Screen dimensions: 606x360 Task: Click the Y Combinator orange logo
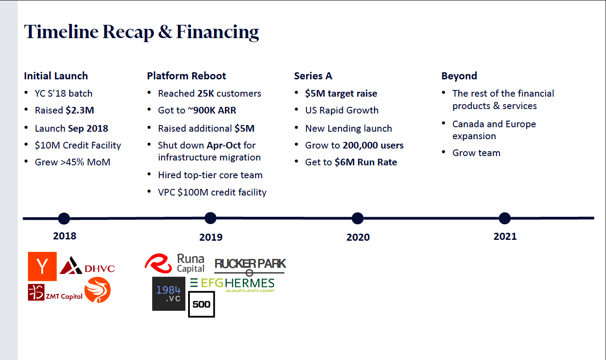(x=42, y=266)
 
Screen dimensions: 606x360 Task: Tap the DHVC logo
(x=87, y=266)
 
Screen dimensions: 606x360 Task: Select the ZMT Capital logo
(x=55, y=293)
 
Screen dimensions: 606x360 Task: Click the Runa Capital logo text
(x=191, y=263)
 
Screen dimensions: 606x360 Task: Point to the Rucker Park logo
(x=250, y=266)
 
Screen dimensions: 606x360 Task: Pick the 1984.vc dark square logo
(x=169, y=293)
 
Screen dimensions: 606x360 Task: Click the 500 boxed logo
(x=201, y=304)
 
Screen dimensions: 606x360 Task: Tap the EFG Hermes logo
(x=232, y=285)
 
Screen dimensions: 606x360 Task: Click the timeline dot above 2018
(x=64, y=219)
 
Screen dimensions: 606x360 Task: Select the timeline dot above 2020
(x=358, y=219)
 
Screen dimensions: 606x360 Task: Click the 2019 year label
(x=211, y=237)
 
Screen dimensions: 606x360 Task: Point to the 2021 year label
(x=505, y=236)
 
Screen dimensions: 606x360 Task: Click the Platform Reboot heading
(x=186, y=76)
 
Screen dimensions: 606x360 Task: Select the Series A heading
(x=313, y=76)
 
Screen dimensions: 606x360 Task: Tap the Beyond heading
(x=459, y=76)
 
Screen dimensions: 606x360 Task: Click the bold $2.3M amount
(x=80, y=110)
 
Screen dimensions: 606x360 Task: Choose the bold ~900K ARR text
(x=212, y=110)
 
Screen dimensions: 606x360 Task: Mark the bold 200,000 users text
(x=373, y=145)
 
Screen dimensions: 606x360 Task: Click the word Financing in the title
(x=217, y=32)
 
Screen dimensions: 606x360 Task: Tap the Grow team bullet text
(x=476, y=153)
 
